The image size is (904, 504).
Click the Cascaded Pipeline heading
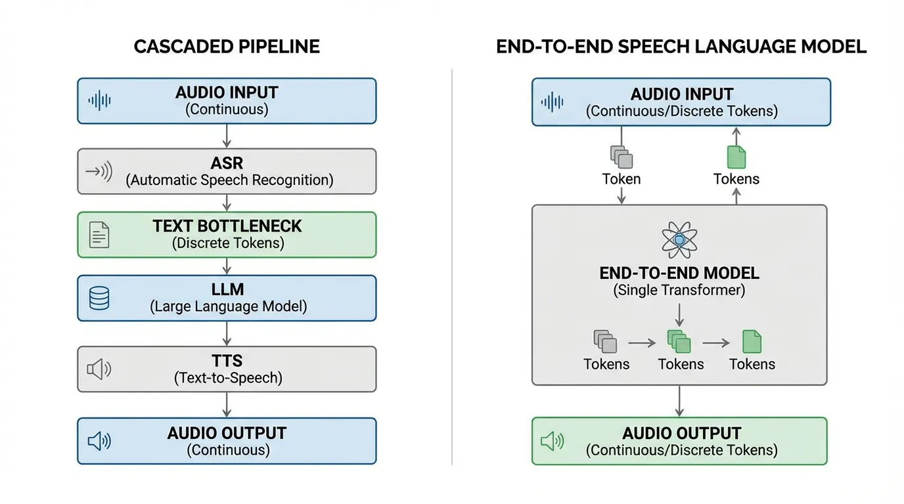click(227, 47)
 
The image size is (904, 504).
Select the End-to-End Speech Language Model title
click(681, 47)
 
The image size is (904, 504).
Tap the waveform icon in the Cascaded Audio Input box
click(100, 100)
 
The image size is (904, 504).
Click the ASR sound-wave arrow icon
click(99, 172)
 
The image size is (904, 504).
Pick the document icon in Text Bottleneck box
click(99, 235)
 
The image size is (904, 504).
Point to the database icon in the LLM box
click(99, 298)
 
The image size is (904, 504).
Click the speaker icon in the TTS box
click(99, 369)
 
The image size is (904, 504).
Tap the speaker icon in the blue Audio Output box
click(99, 441)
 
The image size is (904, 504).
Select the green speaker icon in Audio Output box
click(553, 441)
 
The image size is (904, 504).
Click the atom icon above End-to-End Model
click(679, 240)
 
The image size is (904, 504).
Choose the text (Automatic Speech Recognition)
click(229, 180)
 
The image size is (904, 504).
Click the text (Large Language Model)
click(229, 306)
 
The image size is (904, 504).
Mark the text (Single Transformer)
click(679, 290)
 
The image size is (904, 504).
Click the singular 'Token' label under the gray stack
click(621, 179)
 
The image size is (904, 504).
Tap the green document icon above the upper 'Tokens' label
click(736, 156)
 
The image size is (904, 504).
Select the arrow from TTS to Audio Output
click(227, 404)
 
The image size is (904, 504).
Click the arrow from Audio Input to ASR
click(227, 136)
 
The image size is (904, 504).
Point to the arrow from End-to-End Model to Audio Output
click(679, 400)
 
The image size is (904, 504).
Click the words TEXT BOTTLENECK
click(227, 226)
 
